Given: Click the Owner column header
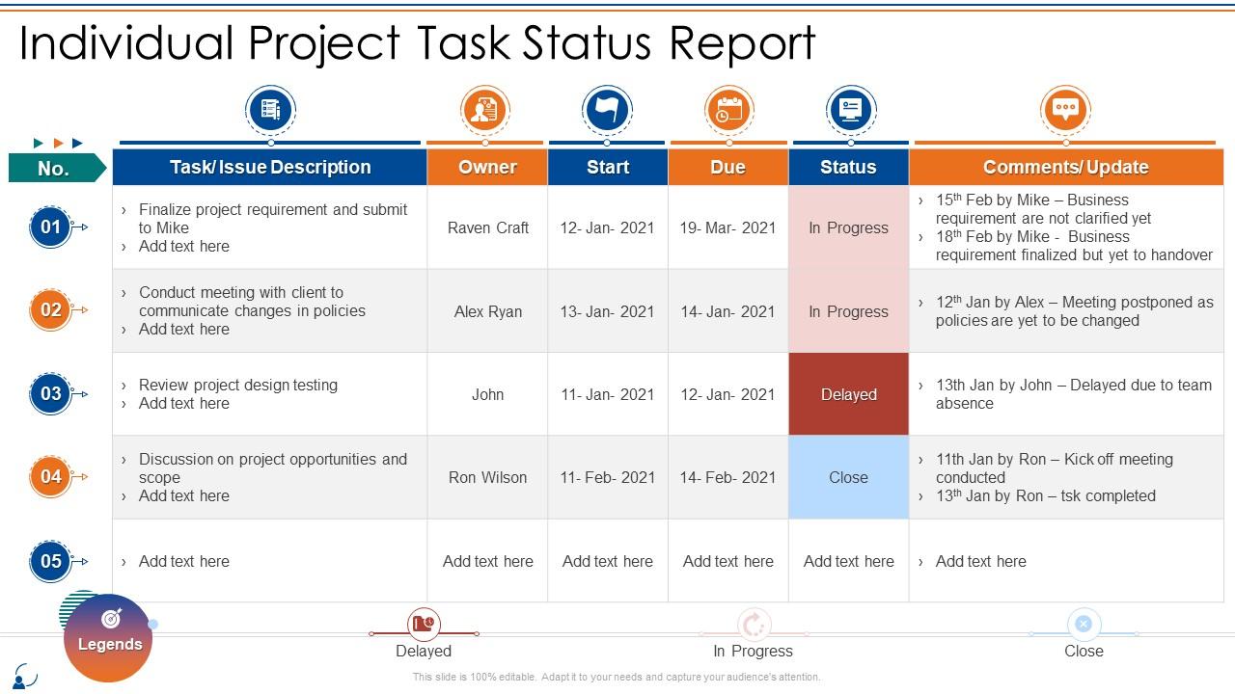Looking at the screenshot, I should click(x=487, y=167).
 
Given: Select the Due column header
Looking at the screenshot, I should click(x=727, y=167).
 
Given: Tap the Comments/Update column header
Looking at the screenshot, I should click(x=1065, y=167).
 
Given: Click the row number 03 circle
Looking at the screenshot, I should click(x=51, y=393).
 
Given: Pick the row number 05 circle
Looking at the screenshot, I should click(x=51, y=561).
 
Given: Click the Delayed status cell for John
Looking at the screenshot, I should click(x=848, y=394).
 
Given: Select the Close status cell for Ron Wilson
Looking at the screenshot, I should click(x=848, y=477).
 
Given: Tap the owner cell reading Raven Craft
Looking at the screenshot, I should click(x=488, y=227).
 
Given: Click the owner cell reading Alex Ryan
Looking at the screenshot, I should click(x=488, y=311).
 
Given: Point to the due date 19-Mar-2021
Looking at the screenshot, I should click(x=727, y=227).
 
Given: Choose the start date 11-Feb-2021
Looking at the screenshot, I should click(x=608, y=477).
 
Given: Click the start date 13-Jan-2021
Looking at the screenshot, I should click(x=608, y=311).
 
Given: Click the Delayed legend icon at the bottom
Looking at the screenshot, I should click(x=424, y=625).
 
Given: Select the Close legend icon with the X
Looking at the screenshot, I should click(x=1084, y=625).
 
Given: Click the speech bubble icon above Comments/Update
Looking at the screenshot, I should click(x=1065, y=110).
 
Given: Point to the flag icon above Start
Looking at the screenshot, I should click(x=607, y=110).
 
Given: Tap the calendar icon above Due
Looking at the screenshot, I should click(x=728, y=110).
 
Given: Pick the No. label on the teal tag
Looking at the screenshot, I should click(x=53, y=169).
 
